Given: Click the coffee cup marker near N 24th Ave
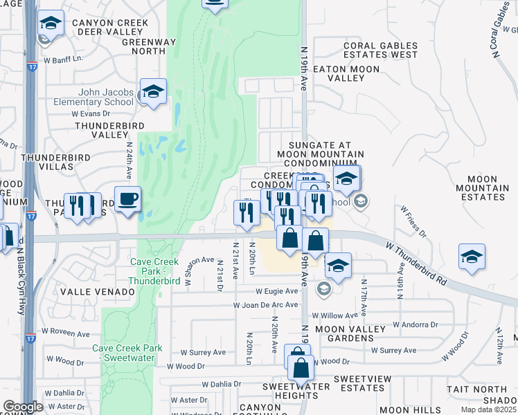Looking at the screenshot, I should pos(127,200).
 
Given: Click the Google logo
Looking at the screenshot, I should pos(23,407).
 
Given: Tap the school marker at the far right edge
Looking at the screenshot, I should pos(472,257).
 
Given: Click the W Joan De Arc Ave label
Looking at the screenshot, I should pos(266,305).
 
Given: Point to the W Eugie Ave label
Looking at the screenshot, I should pos(276,292).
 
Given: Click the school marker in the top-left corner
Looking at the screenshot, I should pos(50,24).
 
